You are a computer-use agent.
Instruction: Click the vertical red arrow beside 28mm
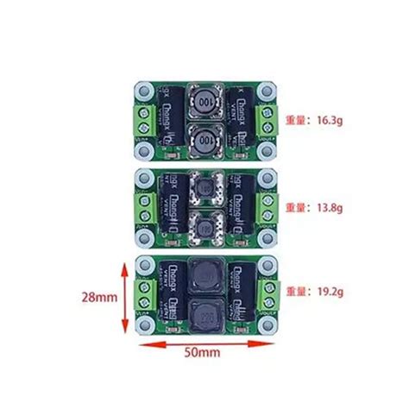124,298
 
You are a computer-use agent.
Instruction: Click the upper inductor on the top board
205,102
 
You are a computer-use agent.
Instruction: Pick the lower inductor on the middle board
204,228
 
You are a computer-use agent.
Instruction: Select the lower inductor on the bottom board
204,314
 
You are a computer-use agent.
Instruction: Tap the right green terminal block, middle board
270,208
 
